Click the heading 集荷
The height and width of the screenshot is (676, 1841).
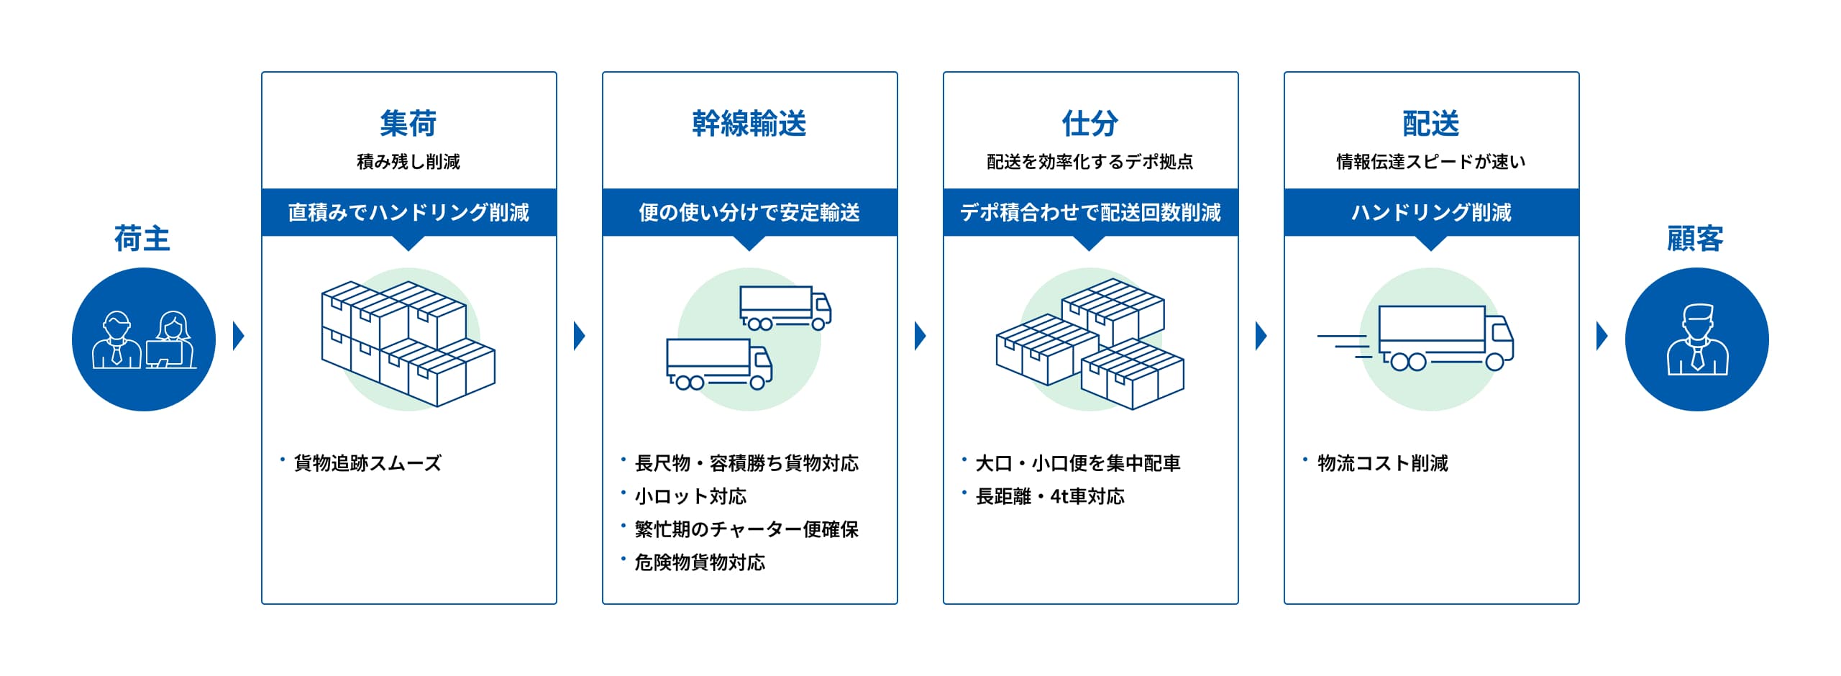(408, 124)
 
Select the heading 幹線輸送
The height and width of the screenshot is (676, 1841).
(749, 124)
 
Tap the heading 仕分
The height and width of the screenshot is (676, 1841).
(1090, 124)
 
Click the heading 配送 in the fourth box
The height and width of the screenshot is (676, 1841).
(1431, 124)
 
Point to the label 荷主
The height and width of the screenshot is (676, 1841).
(142, 239)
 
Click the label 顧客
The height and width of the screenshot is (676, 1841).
(1696, 239)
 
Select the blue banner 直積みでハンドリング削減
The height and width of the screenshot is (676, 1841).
(408, 212)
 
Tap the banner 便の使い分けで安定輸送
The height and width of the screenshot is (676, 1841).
(749, 212)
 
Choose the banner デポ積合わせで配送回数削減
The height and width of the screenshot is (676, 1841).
(1090, 212)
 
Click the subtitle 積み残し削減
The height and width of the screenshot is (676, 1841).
(408, 162)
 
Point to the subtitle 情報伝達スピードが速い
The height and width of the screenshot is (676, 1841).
(1431, 162)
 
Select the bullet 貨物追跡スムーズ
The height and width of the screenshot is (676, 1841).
(367, 463)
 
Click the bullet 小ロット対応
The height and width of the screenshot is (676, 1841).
(690, 496)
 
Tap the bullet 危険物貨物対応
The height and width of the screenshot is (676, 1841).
(700, 562)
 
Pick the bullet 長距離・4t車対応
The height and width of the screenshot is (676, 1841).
(1050, 496)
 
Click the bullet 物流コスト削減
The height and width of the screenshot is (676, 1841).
(1382, 463)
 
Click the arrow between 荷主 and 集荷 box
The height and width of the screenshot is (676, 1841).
(239, 336)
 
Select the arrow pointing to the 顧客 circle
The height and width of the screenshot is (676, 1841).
(1602, 336)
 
